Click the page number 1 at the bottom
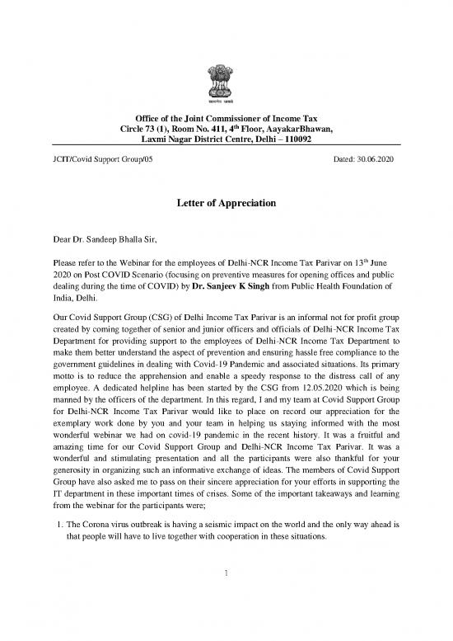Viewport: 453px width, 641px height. point(226,615)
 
